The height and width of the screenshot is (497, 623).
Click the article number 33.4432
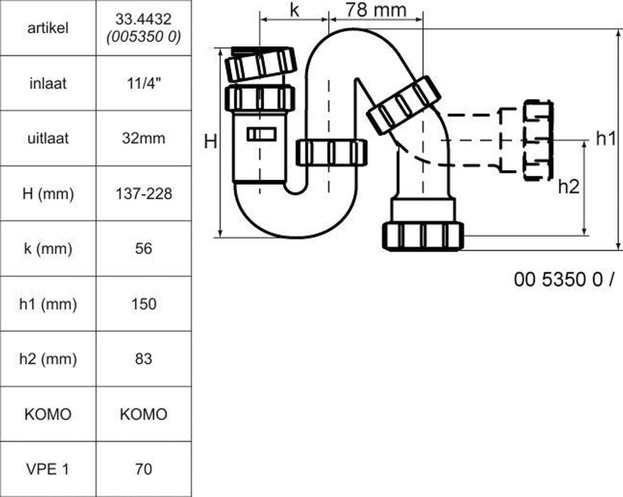144,19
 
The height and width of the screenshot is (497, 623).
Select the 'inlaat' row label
48,83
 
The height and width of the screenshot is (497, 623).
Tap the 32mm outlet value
144,138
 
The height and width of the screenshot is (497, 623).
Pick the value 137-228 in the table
144,194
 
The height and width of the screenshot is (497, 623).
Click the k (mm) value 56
144,248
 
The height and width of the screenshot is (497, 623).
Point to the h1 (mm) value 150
144,304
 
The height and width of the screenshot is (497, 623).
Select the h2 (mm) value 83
144,359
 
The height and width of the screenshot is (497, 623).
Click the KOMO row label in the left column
48,414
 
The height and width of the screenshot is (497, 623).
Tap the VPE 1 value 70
144,469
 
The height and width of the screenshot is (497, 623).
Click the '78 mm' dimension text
375,10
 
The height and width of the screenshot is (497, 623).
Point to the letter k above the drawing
294,10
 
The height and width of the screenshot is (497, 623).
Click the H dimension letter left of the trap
211,141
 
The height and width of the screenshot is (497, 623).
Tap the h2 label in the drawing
569,186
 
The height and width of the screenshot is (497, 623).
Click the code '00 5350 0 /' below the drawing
564,279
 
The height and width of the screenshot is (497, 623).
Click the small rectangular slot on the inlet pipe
261,135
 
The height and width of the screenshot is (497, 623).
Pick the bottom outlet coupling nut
423,236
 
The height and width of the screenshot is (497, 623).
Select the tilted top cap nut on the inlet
261,64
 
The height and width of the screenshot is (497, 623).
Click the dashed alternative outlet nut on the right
538,140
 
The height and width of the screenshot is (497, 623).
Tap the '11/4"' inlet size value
144,83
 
